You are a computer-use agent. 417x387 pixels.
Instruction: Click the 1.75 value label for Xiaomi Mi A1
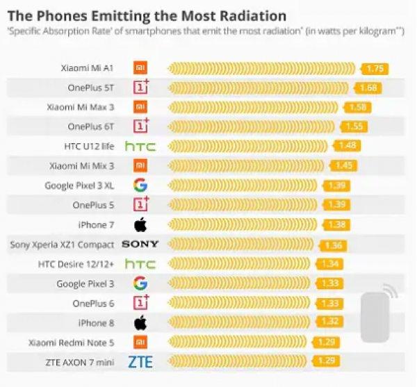(375, 69)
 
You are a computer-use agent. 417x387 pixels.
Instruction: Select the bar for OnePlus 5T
(260, 88)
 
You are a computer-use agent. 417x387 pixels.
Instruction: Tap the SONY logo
(140, 245)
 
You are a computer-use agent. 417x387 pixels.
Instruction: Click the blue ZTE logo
(140, 361)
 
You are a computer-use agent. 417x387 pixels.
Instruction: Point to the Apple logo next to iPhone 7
(140, 224)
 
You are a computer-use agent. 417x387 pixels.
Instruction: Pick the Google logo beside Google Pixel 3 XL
(140, 186)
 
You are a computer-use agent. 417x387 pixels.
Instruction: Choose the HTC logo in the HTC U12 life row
(140, 147)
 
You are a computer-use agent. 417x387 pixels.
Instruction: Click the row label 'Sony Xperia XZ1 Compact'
(63, 245)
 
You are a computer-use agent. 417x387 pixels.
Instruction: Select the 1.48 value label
(347, 146)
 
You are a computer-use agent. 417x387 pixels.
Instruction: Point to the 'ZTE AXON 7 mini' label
(80, 361)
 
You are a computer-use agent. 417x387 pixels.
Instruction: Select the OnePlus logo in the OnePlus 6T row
(141, 126)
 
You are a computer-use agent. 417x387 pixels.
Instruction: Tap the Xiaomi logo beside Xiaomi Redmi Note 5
(140, 342)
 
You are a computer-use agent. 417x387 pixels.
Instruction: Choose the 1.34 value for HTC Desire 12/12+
(328, 264)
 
